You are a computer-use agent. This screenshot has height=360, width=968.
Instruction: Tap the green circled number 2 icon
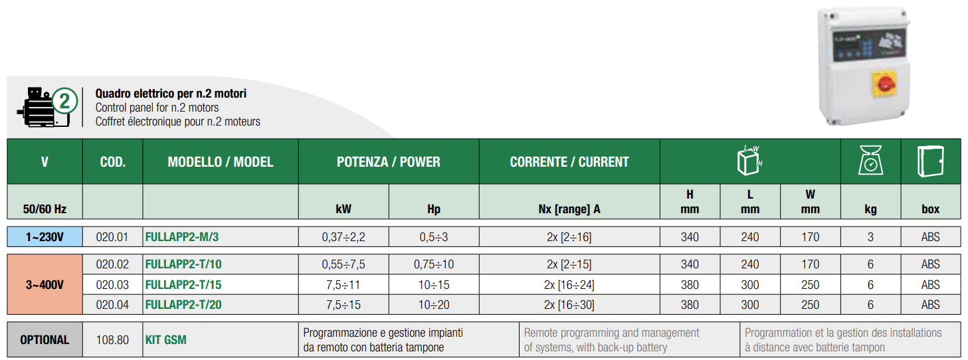pos(65,101)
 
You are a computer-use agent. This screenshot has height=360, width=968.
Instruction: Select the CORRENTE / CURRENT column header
pos(569,162)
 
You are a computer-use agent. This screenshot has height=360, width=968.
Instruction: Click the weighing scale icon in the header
pos(870,160)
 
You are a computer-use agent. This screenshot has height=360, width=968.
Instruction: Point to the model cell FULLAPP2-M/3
pos(182,237)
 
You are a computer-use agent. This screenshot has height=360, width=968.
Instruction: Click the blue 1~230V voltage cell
pos(45,237)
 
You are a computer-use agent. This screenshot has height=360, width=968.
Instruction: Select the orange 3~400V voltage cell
pos(45,284)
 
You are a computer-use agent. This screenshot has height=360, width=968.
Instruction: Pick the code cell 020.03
pos(112,285)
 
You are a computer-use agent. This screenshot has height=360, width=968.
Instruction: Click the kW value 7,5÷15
pos(343,305)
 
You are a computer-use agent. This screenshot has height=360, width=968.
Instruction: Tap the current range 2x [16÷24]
pos(569,285)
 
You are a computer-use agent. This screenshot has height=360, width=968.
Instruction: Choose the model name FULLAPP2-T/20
pos(183,305)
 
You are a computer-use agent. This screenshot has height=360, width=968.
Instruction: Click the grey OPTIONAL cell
pos(45,339)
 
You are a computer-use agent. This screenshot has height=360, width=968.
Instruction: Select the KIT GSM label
pos(166,339)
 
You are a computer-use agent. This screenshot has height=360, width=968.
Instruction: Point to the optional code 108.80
pos(112,339)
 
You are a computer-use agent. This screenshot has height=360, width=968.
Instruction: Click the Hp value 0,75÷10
pos(434,264)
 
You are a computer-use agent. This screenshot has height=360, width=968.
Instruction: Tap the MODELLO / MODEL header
pos(221,162)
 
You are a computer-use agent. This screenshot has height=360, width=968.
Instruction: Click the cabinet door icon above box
pos(930,161)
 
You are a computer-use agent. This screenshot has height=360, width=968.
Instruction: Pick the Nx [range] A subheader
pos(569,209)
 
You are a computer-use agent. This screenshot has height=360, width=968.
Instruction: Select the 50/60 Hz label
pos(45,209)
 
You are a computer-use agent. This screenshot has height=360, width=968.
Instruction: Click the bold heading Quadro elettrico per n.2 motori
pos(171,94)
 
